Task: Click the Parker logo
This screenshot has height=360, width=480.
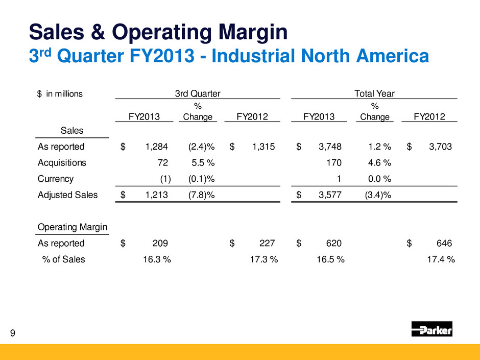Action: [x=431, y=329]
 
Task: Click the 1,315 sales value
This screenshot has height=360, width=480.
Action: [x=264, y=147]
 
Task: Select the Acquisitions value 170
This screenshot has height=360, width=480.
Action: [x=334, y=163]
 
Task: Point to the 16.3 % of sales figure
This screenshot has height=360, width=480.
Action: [x=156, y=259]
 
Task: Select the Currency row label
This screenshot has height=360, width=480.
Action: [x=56, y=179]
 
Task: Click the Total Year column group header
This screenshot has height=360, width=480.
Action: [x=374, y=93]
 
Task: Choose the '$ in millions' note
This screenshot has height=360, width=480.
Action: [x=60, y=94]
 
